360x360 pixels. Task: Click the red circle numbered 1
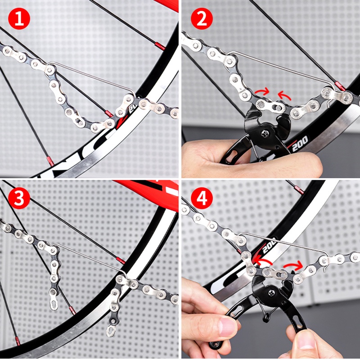tap(19, 19)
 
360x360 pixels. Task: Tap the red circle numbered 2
tap(201, 19)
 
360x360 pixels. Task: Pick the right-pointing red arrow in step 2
tap(261, 92)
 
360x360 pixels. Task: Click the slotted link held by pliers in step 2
tap(270, 106)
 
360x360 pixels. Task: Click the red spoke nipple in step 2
tap(340, 86)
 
